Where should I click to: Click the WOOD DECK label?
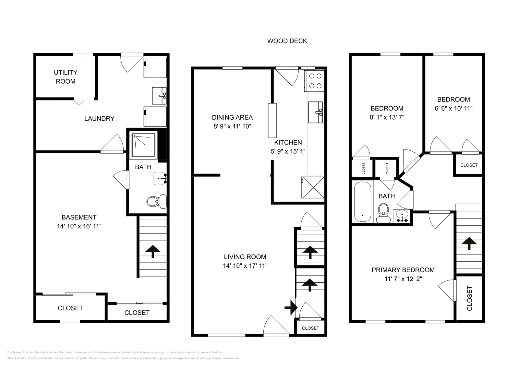(287, 41)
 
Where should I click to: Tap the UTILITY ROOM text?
(66, 77)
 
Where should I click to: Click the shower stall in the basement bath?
(143, 145)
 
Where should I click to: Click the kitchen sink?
(315, 112)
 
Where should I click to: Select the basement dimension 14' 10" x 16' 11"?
(79, 226)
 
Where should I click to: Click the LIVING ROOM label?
(245, 257)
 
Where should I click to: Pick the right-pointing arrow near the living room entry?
(291, 307)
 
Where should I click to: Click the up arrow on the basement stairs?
(153, 251)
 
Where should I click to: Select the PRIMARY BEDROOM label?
(403, 270)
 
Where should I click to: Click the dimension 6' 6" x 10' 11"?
(453, 108)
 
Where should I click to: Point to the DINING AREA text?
(232, 117)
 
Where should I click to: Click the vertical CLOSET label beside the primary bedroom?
(469, 298)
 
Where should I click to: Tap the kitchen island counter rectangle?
(272, 120)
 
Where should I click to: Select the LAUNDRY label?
(99, 119)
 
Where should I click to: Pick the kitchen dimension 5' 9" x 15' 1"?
(288, 151)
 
